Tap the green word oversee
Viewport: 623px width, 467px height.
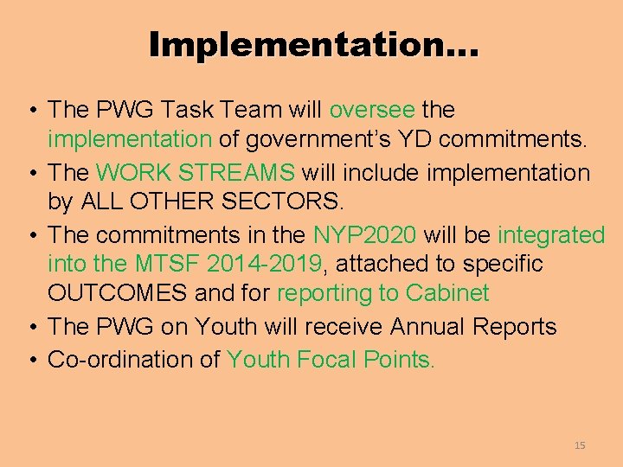(372, 110)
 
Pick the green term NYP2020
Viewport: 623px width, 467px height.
(364, 234)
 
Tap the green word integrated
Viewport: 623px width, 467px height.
(551, 234)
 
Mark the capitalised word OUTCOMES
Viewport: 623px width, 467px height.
(118, 293)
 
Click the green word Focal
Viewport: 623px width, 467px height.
(328, 359)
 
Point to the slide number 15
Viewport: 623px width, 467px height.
(580, 445)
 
